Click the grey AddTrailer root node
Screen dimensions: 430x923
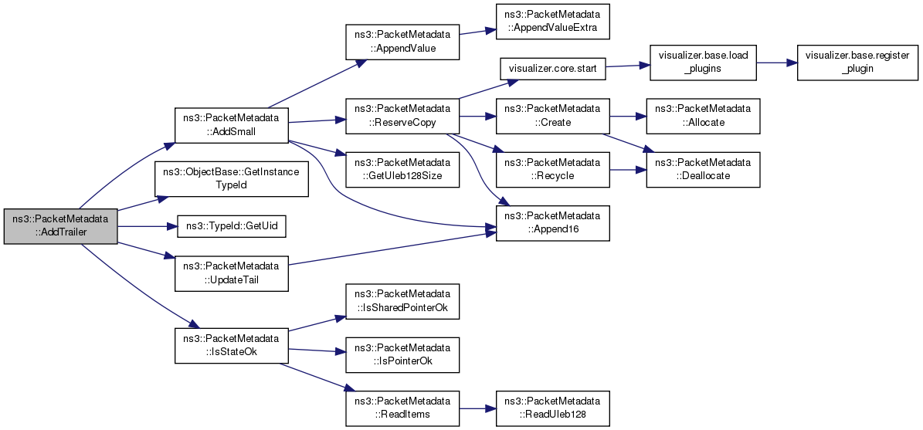[60, 226]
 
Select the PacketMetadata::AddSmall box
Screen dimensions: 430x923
[231, 124]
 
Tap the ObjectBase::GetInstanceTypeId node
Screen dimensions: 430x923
[232, 179]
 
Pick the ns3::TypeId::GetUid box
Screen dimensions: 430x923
[232, 226]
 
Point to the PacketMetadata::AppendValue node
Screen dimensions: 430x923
[402, 40]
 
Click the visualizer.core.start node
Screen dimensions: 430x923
[551, 68]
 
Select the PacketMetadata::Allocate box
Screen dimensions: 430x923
[703, 117]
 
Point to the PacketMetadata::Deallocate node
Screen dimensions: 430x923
[703, 170]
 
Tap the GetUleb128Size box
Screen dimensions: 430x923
[402, 170]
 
